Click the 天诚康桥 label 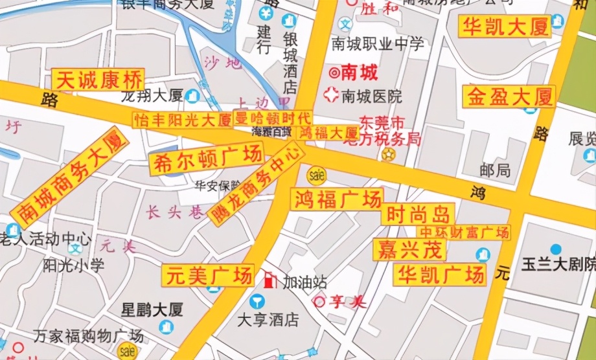click(99, 80)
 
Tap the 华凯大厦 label click(505, 27)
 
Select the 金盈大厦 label click(509, 97)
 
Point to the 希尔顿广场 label click(206, 159)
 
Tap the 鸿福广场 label click(336, 199)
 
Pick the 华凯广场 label click(442, 274)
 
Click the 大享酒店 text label click(267, 320)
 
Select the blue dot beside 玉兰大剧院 click(555, 249)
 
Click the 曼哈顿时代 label click(272, 118)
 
